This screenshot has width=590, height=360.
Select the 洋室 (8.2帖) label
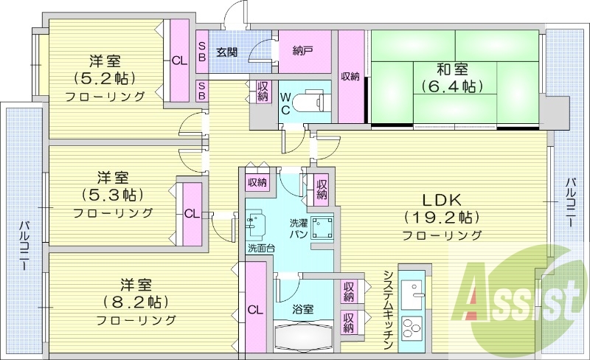click(x=136, y=293)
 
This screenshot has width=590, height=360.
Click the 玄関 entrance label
click(x=226, y=52)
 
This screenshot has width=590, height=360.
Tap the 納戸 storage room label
click(x=302, y=51)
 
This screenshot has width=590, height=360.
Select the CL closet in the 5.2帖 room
click(x=179, y=61)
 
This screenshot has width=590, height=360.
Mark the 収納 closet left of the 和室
click(x=350, y=76)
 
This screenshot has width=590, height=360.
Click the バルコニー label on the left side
click(x=23, y=244)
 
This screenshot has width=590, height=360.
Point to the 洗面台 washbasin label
click(x=260, y=247)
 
